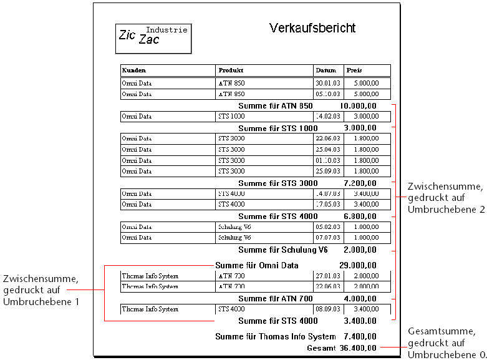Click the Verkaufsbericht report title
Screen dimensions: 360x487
coord(312,28)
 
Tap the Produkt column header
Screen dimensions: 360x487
coord(231,71)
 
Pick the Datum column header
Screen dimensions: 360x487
coord(325,71)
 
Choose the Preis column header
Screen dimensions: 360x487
coord(354,71)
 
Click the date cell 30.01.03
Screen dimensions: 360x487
coord(328,83)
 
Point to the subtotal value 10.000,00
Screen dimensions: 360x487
coord(358,106)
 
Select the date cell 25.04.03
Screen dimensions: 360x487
coord(328,150)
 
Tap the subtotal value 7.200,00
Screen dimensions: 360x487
coord(360,183)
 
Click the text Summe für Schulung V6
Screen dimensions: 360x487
coord(282,250)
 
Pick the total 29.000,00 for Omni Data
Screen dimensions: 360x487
coord(357,266)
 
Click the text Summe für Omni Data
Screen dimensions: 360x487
coord(256,266)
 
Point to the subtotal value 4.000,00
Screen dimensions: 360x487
coord(360,299)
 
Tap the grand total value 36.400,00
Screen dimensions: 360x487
coord(357,348)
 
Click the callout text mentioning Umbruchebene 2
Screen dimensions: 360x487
coord(445,198)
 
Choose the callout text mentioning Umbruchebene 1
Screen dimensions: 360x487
coord(41,290)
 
